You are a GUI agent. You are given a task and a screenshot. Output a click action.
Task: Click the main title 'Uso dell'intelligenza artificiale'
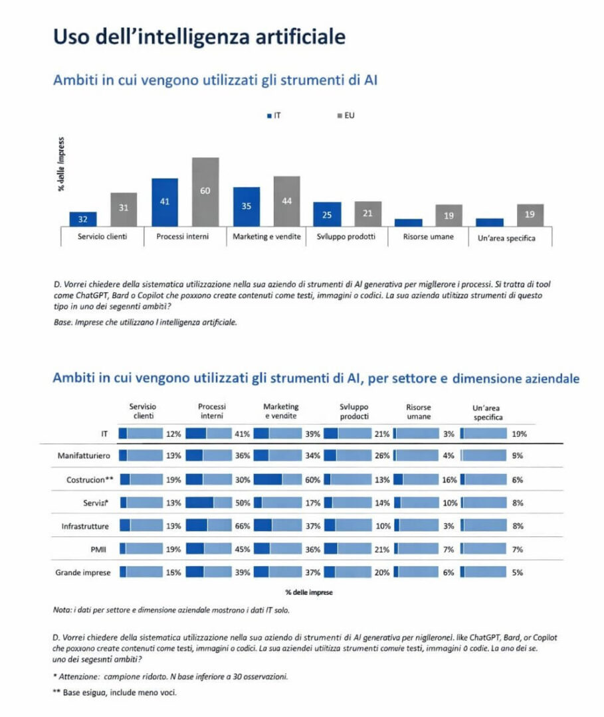click(x=199, y=36)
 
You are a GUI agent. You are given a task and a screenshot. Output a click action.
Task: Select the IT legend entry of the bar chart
click(x=272, y=116)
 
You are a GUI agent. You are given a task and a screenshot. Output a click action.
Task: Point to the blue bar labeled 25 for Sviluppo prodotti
click(x=327, y=214)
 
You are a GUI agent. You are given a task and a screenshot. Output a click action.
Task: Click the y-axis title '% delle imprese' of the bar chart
click(x=60, y=164)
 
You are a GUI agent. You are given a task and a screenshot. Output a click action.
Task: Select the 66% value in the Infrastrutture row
click(x=242, y=526)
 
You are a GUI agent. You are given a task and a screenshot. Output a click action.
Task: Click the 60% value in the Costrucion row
click(x=312, y=478)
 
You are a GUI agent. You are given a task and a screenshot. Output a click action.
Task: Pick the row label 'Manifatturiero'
click(x=84, y=455)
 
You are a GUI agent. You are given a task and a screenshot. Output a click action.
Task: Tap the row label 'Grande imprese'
click(x=84, y=572)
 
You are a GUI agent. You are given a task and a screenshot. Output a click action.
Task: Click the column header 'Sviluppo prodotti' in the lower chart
click(x=354, y=412)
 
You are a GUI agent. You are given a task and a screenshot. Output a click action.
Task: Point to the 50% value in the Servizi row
click(x=242, y=502)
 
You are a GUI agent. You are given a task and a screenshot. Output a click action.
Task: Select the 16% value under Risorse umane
click(x=449, y=478)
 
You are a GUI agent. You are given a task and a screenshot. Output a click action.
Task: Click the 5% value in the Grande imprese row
click(x=518, y=572)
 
